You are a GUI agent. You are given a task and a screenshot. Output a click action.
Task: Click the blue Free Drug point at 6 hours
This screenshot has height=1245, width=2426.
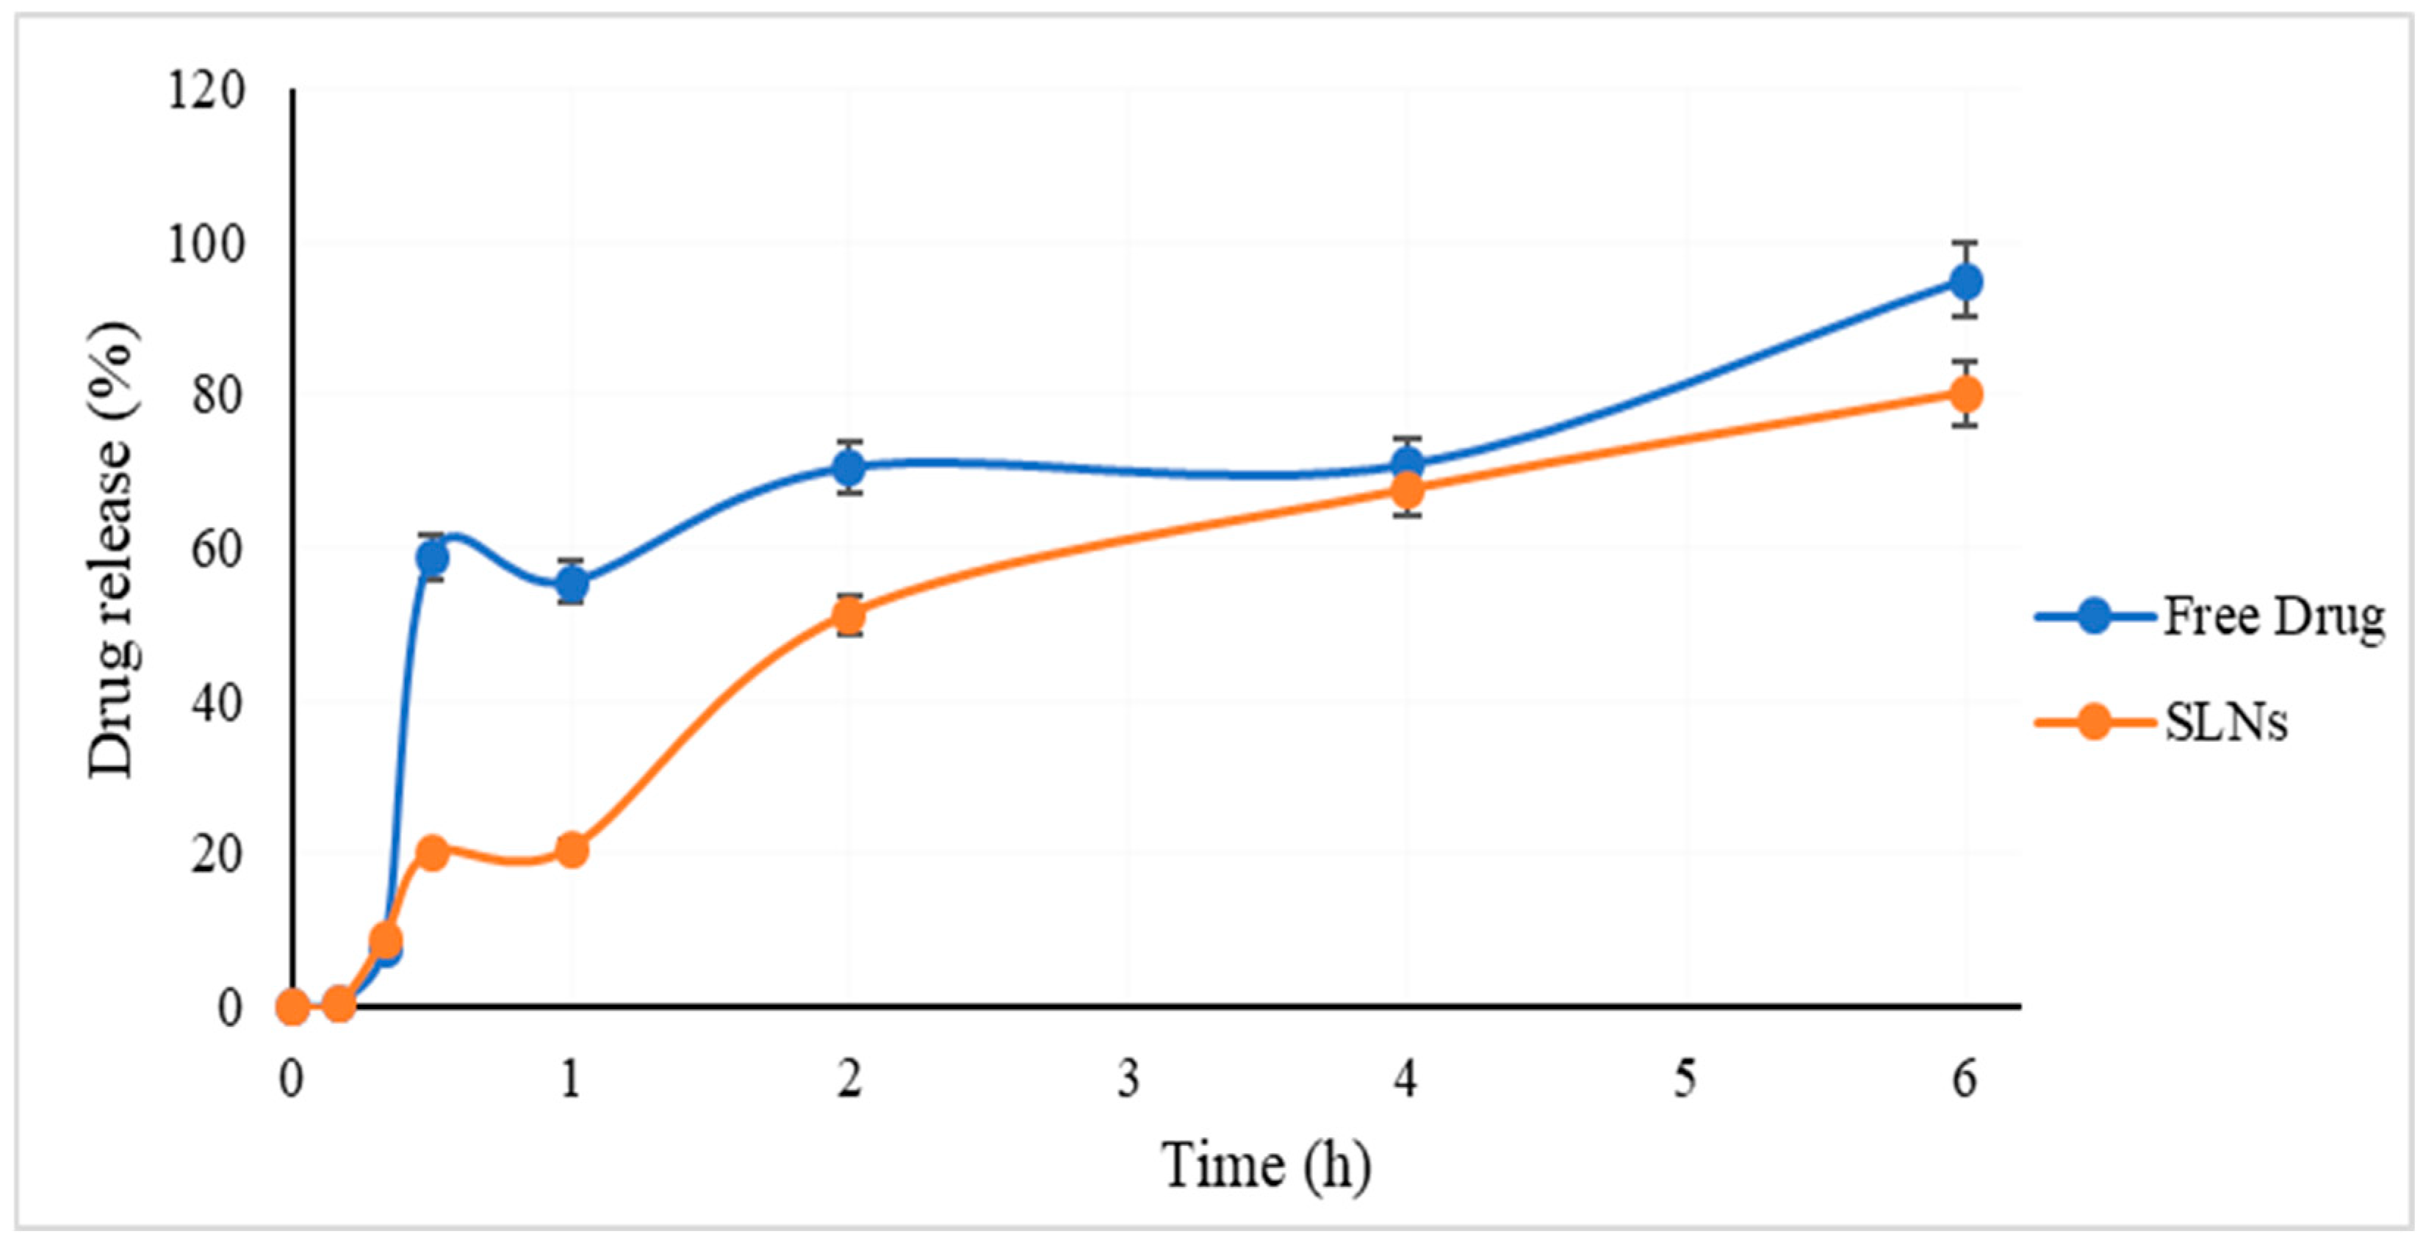pyautogui.click(x=1965, y=281)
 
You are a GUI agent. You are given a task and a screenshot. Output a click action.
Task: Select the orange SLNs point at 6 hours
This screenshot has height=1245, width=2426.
pyautogui.click(x=1965, y=393)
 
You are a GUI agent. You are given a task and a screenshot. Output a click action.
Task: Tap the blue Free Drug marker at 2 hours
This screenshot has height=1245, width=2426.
pyautogui.click(x=849, y=466)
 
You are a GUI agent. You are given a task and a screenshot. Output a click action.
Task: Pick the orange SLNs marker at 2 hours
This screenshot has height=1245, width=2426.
pyautogui.click(x=849, y=616)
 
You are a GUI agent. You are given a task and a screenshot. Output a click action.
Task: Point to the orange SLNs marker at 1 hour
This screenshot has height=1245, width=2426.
pyautogui.click(x=571, y=849)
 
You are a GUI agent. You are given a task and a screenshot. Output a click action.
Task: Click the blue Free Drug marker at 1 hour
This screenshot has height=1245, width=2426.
pyautogui.click(x=571, y=583)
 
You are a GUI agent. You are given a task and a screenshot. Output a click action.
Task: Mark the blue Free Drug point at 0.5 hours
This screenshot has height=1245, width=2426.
pyautogui.click(x=431, y=557)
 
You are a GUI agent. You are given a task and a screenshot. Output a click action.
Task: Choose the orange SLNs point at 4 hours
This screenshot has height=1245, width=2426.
pyautogui.click(x=1407, y=488)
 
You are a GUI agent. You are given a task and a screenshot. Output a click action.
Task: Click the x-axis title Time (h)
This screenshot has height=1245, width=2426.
pyautogui.click(x=1265, y=1166)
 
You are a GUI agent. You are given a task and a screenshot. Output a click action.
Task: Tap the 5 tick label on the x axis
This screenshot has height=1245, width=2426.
pyautogui.click(x=1685, y=1079)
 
